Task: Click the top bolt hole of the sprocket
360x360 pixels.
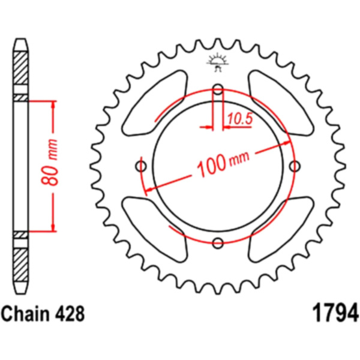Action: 218,91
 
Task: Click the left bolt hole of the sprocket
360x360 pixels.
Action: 142,166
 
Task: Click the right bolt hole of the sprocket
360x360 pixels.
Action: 294,166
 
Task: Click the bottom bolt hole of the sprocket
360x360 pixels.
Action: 218,242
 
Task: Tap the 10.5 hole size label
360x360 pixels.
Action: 239,119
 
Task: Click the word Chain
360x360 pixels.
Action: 26,314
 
